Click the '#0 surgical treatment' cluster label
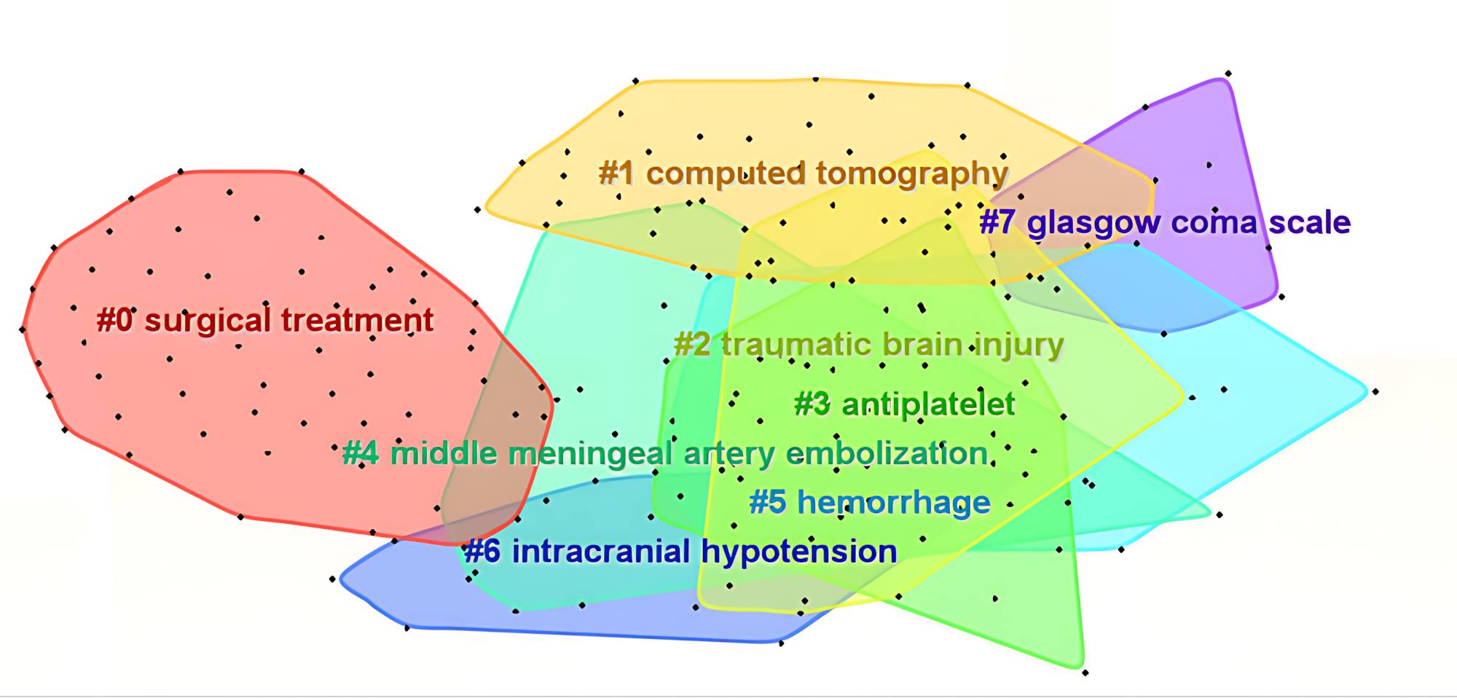[x=264, y=321]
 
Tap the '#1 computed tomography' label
[x=803, y=174]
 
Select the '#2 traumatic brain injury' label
[x=868, y=345]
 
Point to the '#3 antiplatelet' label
[x=904, y=404]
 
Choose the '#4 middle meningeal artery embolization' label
[x=665, y=454]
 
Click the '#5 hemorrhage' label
[x=870, y=503]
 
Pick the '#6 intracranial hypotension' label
[x=680, y=552]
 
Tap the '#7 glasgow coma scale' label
[x=1165, y=222]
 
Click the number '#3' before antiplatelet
[x=812, y=404]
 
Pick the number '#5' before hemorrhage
[x=768, y=503]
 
